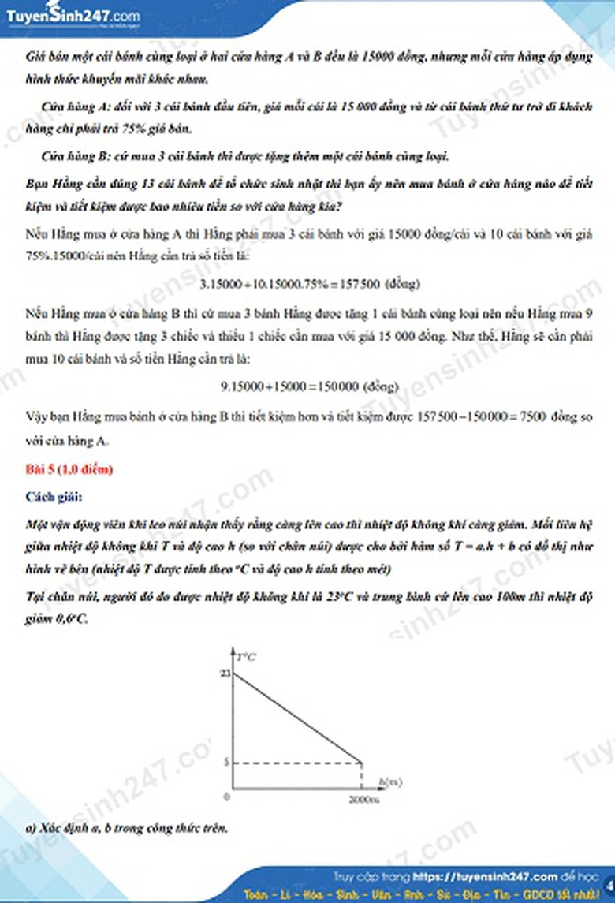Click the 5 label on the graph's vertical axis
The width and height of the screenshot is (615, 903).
(225, 763)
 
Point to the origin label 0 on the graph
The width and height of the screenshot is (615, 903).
(227, 797)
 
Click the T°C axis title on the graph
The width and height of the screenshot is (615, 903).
(246, 654)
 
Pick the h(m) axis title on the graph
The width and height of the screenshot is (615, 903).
(390, 782)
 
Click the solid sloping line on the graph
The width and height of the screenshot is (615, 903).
(296, 718)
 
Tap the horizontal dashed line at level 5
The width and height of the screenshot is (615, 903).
(296, 763)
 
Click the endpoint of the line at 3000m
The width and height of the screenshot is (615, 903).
(362, 763)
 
